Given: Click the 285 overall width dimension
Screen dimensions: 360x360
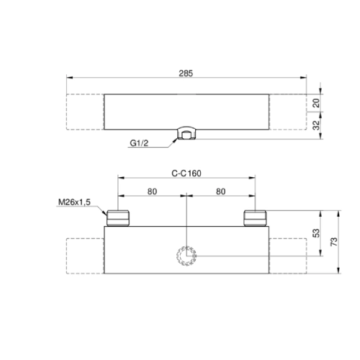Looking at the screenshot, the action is (x=186, y=73).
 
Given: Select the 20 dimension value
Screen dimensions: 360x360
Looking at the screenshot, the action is (x=317, y=103).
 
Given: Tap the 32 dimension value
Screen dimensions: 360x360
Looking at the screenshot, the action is (x=317, y=125).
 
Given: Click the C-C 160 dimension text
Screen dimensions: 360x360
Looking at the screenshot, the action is (x=186, y=174).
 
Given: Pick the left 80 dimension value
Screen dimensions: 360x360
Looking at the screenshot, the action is (x=152, y=192).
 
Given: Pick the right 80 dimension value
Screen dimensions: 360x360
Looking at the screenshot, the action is (x=220, y=192).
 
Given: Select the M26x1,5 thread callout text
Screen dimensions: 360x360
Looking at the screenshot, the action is (x=74, y=202).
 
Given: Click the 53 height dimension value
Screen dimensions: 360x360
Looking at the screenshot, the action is (x=317, y=233).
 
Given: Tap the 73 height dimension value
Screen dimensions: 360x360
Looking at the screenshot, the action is (x=334, y=242).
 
